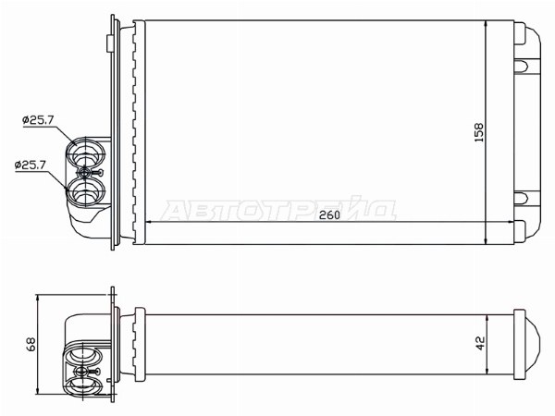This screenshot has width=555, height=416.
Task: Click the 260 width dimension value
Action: (329, 214)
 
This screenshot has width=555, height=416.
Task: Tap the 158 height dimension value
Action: (478, 132)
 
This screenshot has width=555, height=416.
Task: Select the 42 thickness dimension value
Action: (480, 343)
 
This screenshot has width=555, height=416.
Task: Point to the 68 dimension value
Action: (31, 344)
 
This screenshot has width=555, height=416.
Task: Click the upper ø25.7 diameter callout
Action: (38, 120)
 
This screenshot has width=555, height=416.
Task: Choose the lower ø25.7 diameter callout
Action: (31, 165)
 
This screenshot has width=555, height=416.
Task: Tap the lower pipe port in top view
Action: (86, 191)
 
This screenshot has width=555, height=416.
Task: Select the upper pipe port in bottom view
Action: (82, 357)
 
